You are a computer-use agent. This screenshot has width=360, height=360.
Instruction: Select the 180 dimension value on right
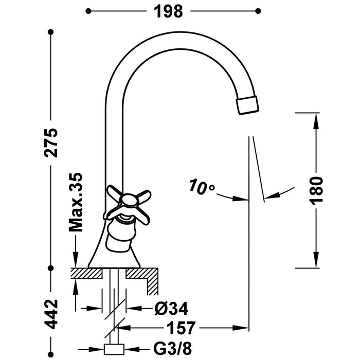[x=316, y=191]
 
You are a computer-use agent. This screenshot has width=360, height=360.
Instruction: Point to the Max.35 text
[x=76, y=201]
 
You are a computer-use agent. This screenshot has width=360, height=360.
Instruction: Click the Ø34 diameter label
[x=171, y=309]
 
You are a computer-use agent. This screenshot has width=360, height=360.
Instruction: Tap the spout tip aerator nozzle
[x=247, y=104]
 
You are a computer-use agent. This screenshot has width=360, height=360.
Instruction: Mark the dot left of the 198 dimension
[x=88, y=10]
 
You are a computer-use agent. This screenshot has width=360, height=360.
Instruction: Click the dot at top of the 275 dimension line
[x=50, y=32]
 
